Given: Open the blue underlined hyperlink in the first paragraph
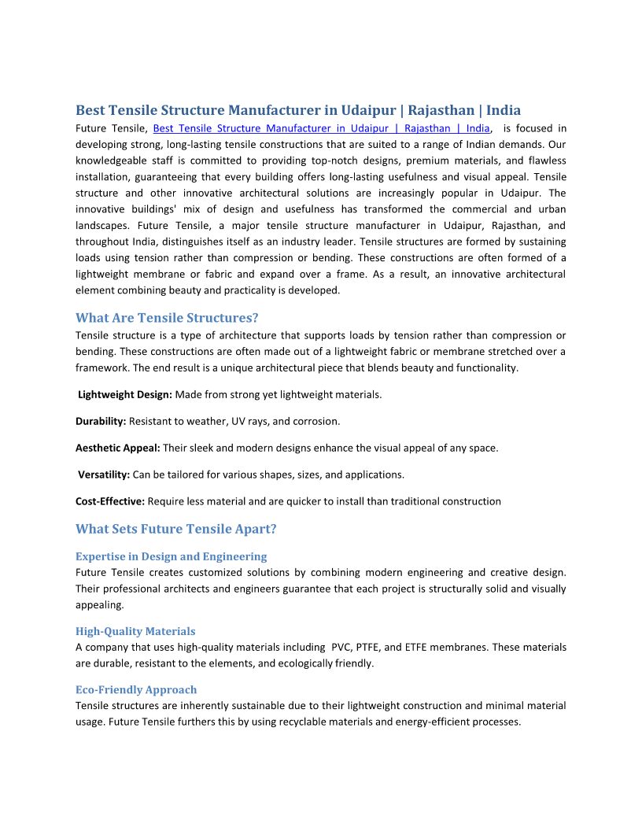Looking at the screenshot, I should click(x=321, y=128).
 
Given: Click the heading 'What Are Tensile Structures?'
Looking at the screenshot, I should click(x=167, y=318).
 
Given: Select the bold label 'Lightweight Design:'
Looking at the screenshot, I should click(x=125, y=394).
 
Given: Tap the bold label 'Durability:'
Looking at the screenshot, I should click(x=101, y=421).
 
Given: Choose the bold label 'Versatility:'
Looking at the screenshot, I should click(x=104, y=475).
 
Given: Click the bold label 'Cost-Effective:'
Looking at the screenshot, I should click(x=110, y=501).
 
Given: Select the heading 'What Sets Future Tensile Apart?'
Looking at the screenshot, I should click(x=176, y=529).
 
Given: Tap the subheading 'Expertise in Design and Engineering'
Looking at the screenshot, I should click(x=171, y=556).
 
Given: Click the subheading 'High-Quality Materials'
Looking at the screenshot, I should click(x=135, y=631).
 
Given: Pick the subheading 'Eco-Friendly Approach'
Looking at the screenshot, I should click(x=136, y=690).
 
